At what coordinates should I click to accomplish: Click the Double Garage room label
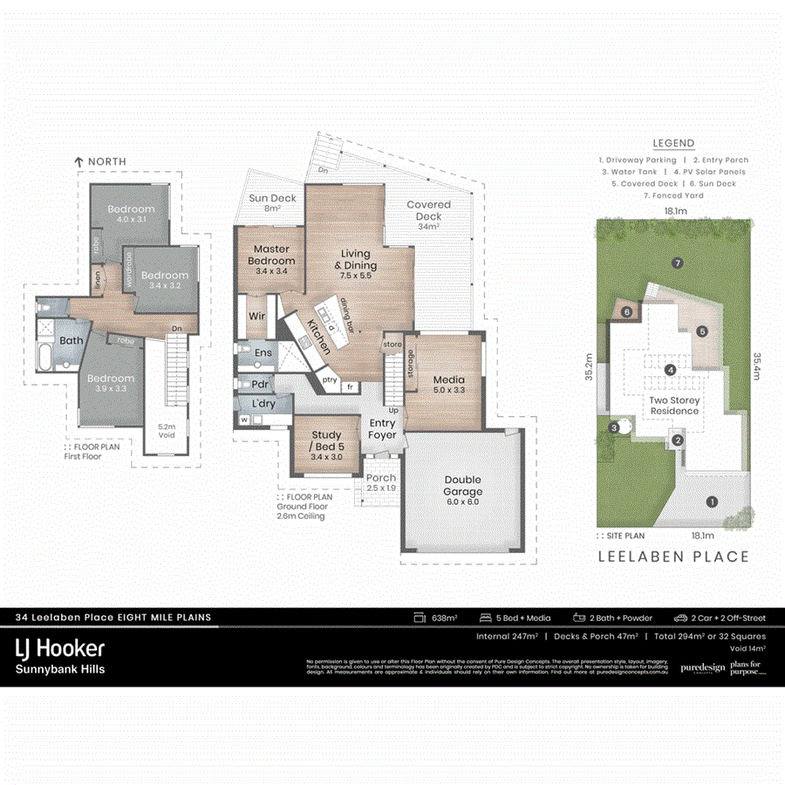(x=462, y=486)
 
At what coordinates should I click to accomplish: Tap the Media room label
(x=448, y=386)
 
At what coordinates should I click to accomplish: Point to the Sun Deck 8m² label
(x=272, y=203)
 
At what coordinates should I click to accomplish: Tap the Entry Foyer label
(x=382, y=428)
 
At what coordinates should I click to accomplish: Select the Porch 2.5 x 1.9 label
(x=380, y=483)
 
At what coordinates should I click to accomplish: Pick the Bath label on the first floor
(x=72, y=340)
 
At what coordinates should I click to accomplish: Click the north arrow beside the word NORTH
(x=78, y=161)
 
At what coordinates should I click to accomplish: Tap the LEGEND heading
(x=673, y=144)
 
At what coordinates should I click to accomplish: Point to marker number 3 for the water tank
(x=614, y=427)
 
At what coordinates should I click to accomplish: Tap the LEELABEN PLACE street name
(x=672, y=556)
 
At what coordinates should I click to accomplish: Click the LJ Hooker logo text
(x=61, y=648)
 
